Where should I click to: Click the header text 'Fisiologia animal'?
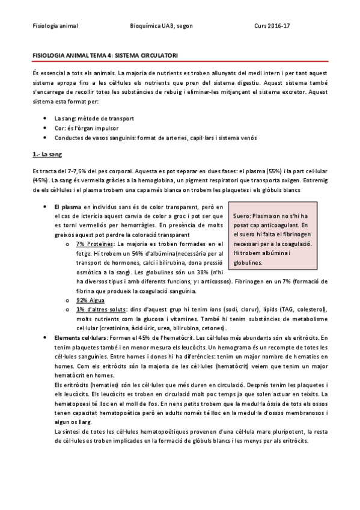(x=55, y=26)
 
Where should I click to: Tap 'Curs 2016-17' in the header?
(x=272, y=26)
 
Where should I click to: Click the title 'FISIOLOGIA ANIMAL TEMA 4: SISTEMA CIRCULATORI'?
(x=105, y=55)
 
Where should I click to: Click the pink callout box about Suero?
(x=275, y=236)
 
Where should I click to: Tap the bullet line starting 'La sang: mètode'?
(x=94, y=119)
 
